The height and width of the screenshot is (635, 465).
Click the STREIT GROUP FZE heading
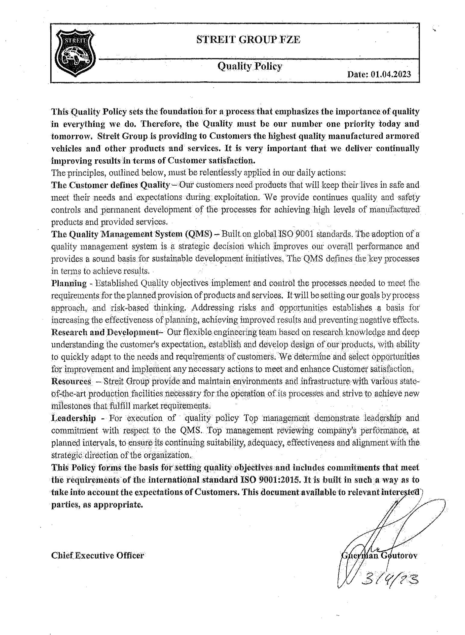[248, 39]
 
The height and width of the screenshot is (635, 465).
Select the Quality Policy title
[250, 66]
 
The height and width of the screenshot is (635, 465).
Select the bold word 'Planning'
[69, 283]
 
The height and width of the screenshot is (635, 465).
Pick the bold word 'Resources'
[71, 381]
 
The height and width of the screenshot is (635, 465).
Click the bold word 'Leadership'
[73, 418]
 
